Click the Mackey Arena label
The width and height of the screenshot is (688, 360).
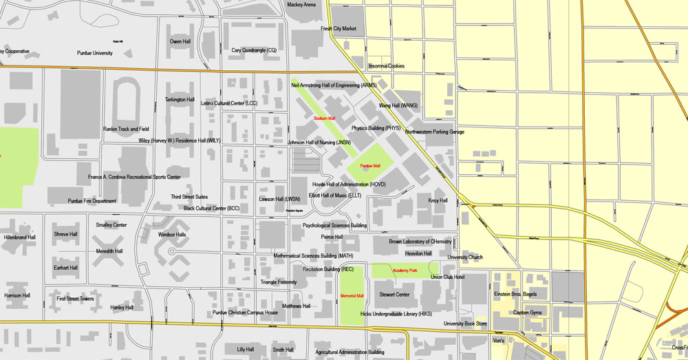tap(301, 5)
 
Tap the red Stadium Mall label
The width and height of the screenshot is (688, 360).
tap(324, 119)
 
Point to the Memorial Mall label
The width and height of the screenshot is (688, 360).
tap(352, 296)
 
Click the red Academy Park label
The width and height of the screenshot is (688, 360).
tap(405, 271)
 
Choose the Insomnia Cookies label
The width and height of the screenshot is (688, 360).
tap(387, 66)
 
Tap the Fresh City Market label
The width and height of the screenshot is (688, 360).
tap(338, 29)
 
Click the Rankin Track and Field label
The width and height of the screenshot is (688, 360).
tap(126, 129)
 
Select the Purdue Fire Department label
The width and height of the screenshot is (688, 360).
tap(92, 201)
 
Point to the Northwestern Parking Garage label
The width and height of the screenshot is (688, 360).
tap(434, 131)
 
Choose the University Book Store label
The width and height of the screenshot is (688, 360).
tap(465, 324)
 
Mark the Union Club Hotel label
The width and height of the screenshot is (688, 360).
tap(448, 277)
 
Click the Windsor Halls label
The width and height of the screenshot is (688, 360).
tap(172, 235)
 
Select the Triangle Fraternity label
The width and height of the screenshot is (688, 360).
tap(279, 282)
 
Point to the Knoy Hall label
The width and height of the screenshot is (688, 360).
tap(438, 201)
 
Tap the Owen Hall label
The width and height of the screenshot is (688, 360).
tap(180, 41)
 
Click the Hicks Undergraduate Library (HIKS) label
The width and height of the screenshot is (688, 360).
tap(396, 314)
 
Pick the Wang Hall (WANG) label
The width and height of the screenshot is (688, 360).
tap(398, 106)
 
